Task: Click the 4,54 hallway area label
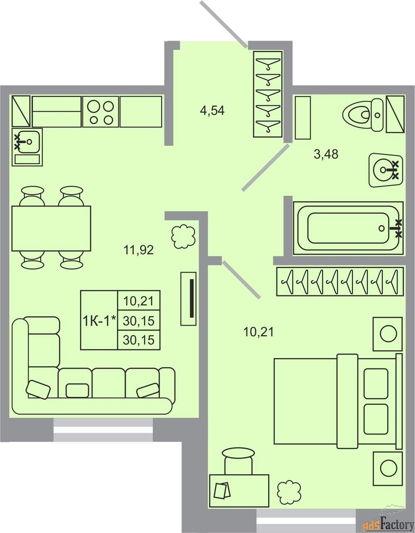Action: (212, 111)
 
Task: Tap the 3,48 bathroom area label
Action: (326, 155)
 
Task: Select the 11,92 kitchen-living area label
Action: (139, 250)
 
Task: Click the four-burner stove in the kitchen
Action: (101, 112)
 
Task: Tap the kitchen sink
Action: (27, 147)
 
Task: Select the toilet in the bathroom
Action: (363, 114)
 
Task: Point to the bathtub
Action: (348, 228)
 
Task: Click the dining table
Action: (51, 229)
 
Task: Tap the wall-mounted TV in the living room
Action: (188, 299)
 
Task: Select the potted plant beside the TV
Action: (183, 236)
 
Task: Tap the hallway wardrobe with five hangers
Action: (268, 94)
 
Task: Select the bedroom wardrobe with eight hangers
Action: (340, 282)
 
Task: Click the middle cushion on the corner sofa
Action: (77, 390)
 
